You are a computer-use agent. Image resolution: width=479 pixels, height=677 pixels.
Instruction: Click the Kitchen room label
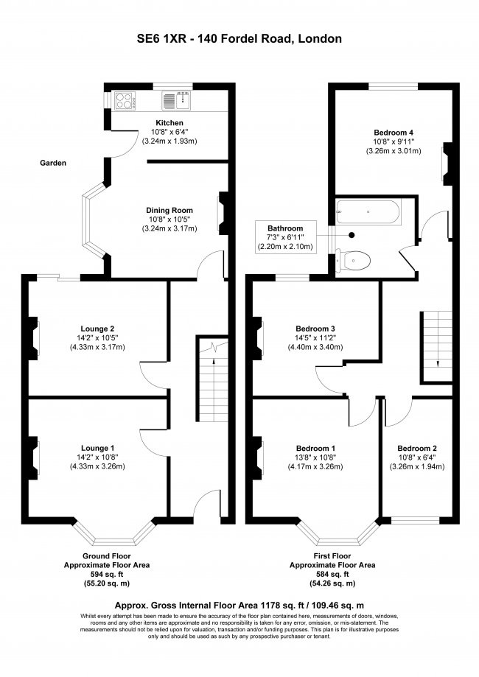tap(169, 123)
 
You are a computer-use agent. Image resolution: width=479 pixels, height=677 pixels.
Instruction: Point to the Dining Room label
tap(169, 210)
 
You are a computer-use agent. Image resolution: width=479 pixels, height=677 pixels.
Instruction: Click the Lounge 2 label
tap(98, 329)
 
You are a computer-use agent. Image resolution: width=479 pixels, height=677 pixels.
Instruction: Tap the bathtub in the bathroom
tap(368, 213)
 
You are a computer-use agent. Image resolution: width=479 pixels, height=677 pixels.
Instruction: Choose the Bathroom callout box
tap(286, 237)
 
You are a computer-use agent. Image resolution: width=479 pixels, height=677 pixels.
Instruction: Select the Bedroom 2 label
tap(417, 448)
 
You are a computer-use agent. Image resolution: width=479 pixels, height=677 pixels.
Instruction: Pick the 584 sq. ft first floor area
tap(332, 575)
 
